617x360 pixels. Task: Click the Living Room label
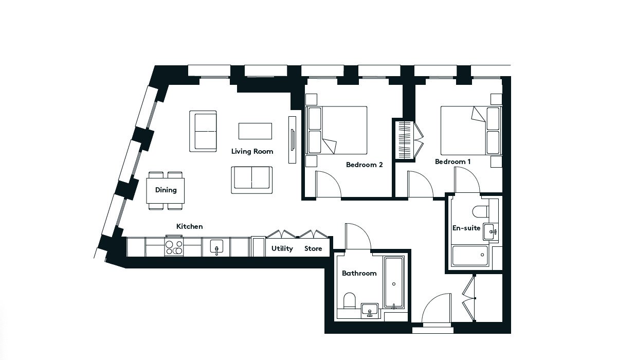click(x=252, y=152)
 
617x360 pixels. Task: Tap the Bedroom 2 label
click(x=364, y=165)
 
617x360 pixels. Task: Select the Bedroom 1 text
click(x=452, y=161)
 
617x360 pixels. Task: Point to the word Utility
click(x=282, y=249)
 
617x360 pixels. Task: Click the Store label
click(x=313, y=249)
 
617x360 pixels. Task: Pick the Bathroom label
click(x=359, y=273)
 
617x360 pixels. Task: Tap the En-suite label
click(x=466, y=228)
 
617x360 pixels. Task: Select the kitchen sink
click(x=216, y=247)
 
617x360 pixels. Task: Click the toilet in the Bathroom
click(x=350, y=301)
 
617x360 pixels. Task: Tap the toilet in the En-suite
click(x=480, y=211)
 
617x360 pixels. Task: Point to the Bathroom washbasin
click(x=370, y=311)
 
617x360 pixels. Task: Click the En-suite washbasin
click(x=490, y=232)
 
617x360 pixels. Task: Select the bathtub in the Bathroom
click(x=394, y=283)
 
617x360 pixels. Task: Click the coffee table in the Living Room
click(x=255, y=131)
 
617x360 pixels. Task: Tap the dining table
click(x=165, y=191)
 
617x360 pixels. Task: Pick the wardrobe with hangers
click(x=405, y=140)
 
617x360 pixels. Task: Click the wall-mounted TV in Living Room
click(x=292, y=140)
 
